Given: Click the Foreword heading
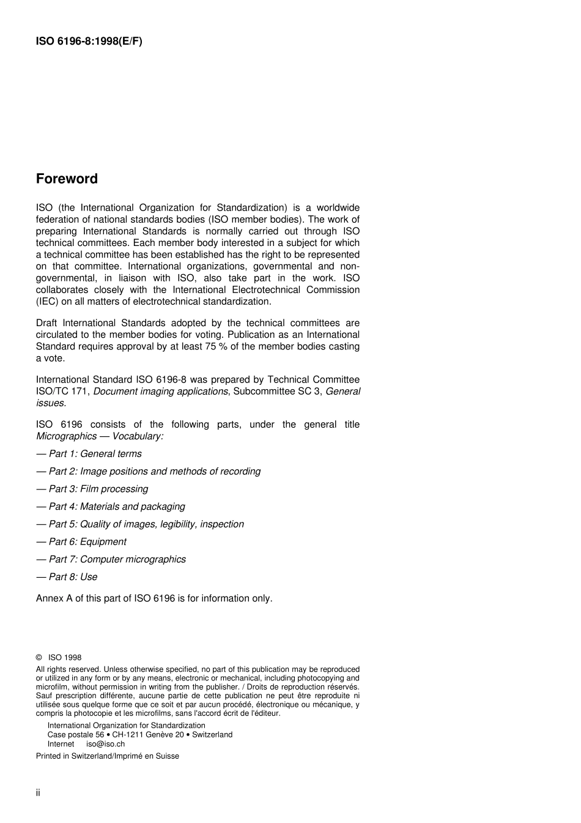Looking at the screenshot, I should click(x=67, y=179).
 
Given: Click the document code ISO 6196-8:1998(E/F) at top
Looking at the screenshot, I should click(x=89, y=42).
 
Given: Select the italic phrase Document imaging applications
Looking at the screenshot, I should click(x=160, y=391).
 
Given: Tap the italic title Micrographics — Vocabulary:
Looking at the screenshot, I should click(x=100, y=436).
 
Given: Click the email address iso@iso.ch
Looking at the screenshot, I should click(x=105, y=744).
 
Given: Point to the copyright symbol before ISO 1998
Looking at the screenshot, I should click(x=39, y=658).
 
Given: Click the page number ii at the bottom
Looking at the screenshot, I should click(x=38, y=793).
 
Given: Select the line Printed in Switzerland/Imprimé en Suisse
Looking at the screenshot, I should click(x=108, y=756).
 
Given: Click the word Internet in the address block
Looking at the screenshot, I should click(x=61, y=744).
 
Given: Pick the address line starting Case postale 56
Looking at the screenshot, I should click(x=139, y=734).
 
